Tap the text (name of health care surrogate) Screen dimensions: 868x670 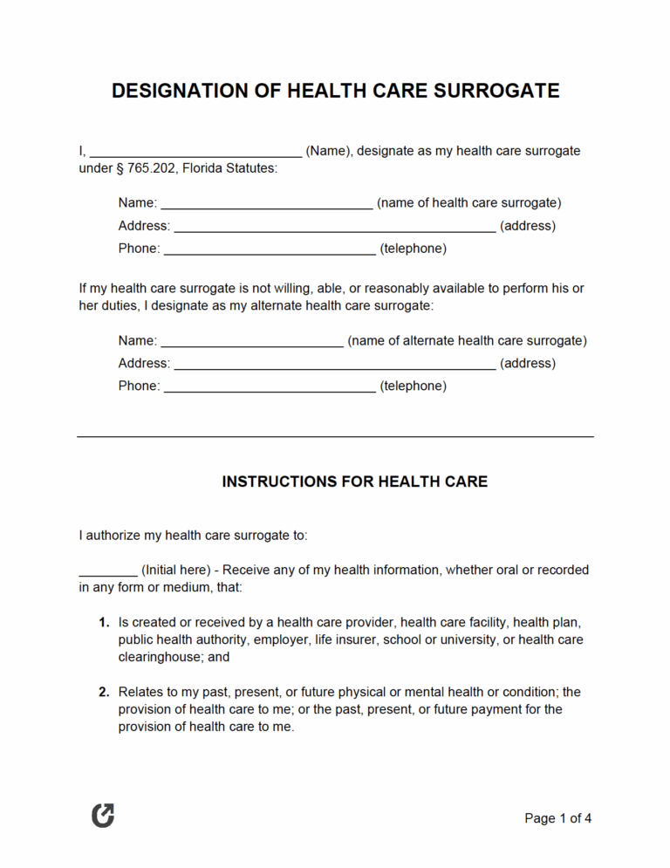(468, 202)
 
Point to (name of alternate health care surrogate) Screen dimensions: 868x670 (467, 340)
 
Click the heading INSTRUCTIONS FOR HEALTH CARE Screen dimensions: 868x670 (355, 482)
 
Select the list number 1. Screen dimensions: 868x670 (103, 622)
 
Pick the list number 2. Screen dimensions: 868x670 (103, 692)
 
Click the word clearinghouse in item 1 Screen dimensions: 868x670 (161, 657)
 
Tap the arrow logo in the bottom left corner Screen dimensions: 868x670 (103, 817)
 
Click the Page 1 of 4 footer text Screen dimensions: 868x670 (557, 818)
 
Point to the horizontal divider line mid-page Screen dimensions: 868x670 (335, 436)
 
